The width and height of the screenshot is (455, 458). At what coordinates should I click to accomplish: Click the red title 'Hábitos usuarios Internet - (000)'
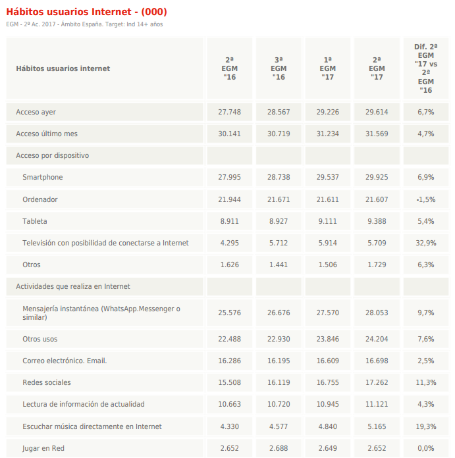86,12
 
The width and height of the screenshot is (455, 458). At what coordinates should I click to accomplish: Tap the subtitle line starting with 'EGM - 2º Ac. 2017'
84,24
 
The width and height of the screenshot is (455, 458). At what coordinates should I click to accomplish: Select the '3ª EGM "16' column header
279,68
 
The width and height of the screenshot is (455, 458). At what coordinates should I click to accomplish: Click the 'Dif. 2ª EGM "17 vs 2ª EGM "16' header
425,68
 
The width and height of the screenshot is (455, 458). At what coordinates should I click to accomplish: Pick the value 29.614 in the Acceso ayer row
377,112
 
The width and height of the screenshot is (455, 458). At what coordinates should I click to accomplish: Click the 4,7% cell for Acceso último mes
425,134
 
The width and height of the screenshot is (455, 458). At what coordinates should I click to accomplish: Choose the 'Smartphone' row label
43,178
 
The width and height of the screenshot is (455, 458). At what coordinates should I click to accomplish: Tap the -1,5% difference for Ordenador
425,199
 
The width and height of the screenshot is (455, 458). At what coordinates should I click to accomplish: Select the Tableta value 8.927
279,221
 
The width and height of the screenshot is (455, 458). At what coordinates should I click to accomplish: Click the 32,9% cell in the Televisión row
425,243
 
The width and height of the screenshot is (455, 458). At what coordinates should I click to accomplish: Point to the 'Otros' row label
32,265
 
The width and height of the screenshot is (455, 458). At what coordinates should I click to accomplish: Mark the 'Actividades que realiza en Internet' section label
73,286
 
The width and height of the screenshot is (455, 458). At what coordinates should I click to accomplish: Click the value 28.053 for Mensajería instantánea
377,313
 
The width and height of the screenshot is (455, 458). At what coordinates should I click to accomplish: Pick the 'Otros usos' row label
40,339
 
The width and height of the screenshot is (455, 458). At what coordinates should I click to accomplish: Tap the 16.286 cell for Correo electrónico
230,361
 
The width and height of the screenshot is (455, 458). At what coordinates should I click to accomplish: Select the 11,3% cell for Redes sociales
425,382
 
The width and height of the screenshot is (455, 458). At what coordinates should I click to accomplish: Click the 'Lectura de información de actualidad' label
84,404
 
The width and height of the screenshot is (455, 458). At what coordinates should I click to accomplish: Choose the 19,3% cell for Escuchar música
425,426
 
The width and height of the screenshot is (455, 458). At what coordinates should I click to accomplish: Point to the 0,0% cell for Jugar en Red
425,448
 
